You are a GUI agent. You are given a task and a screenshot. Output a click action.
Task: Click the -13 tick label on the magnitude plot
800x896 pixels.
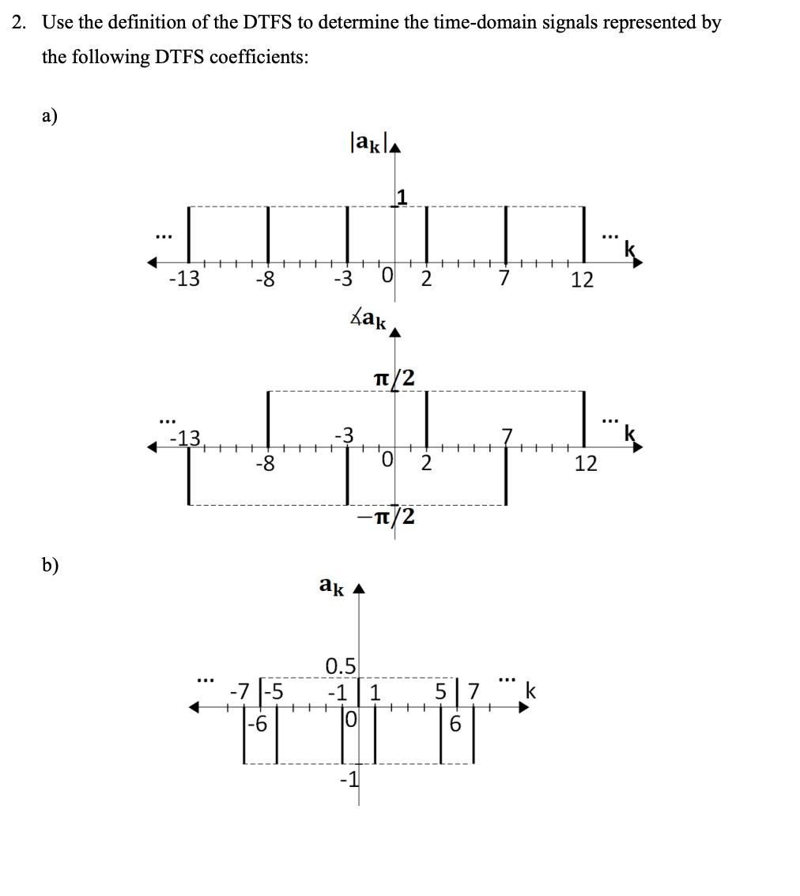[183, 279]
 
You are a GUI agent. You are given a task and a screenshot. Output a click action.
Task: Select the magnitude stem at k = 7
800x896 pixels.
[506, 235]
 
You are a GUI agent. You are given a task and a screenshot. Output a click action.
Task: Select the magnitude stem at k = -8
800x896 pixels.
[267, 235]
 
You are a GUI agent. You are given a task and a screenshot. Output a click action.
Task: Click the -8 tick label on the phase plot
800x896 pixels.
[266, 463]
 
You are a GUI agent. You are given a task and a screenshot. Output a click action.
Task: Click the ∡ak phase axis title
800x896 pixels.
[368, 319]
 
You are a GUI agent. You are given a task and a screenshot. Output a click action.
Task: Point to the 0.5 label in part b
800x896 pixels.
[342, 665]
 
